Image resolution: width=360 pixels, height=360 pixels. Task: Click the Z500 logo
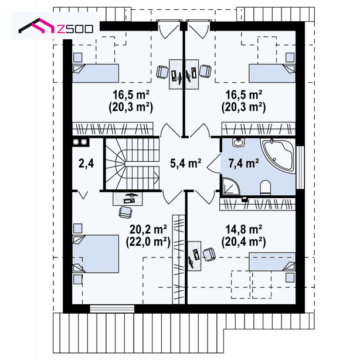tap(56, 26)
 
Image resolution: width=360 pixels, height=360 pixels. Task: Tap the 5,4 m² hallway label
tap(185, 163)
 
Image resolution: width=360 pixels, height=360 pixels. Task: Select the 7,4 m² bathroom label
tap(243, 163)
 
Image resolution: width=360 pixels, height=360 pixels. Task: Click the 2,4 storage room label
tap(86, 164)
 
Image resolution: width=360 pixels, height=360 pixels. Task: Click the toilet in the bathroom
tap(266, 188)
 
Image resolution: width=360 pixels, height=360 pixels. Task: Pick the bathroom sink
tap(239, 142)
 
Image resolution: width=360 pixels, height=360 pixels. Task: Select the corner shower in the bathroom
tap(230, 186)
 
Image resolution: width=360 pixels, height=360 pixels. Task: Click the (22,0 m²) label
tap(148, 242)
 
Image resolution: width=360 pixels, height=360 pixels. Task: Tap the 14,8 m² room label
tap(243, 229)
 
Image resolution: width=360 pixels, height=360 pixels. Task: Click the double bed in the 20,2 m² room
tap(96, 254)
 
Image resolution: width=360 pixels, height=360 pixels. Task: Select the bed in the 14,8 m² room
tap(272, 261)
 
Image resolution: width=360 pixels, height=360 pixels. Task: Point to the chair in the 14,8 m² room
tap(209, 254)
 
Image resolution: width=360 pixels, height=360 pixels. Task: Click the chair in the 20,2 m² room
tap(125, 212)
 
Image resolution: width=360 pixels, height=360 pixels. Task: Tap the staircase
tap(132, 164)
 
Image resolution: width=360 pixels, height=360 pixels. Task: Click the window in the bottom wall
tap(112, 308)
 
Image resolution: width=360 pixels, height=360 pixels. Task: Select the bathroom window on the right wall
tap(300, 167)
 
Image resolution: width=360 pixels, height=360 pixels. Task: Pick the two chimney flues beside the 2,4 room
tap(80, 142)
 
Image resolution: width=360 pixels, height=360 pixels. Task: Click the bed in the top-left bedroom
tap(96, 73)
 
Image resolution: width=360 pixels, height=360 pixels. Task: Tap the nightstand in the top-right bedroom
tap(290, 57)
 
